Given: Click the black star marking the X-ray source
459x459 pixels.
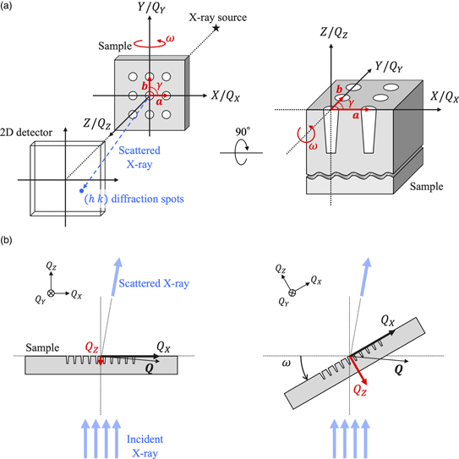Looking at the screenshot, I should (x=218, y=29).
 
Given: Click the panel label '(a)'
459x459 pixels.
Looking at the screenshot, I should (x=9, y=8).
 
